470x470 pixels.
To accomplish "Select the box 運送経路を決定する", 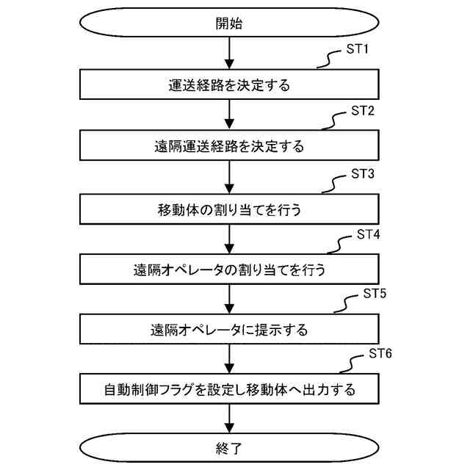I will coord(229,85).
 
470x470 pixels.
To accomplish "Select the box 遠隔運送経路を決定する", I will coord(229,146).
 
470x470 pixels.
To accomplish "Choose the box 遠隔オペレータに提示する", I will coord(229,328).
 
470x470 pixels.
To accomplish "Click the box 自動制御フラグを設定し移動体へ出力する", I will coord(229,389).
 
